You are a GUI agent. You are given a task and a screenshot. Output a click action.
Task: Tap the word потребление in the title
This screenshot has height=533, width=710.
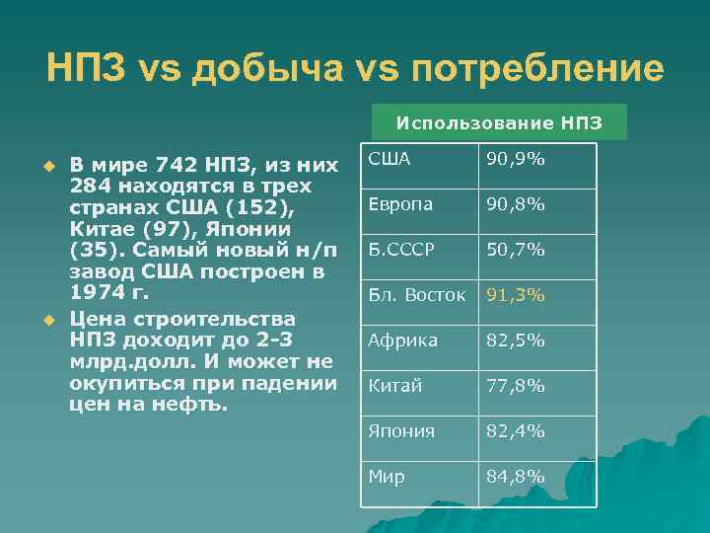(537, 69)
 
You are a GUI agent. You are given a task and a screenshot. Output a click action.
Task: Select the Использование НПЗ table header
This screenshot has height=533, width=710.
(498, 123)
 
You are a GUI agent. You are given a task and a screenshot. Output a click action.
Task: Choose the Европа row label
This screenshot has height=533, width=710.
(401, 204)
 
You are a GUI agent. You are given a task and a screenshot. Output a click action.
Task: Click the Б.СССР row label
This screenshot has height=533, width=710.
(401, 250)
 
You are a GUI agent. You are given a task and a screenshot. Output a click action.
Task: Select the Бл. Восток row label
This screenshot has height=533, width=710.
(416, 295)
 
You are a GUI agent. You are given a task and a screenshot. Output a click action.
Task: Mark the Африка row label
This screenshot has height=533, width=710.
(401, 341)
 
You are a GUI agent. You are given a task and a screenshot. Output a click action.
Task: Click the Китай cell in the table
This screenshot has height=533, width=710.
(394, 386)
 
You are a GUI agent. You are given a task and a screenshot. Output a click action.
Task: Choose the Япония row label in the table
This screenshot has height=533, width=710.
(399, 431)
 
